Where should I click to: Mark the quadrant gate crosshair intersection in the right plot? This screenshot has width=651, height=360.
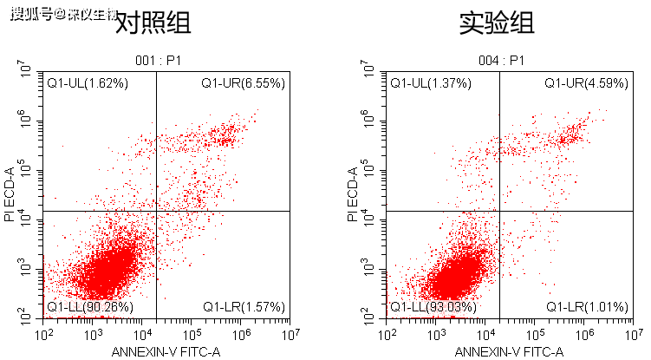tap(498, 211)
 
